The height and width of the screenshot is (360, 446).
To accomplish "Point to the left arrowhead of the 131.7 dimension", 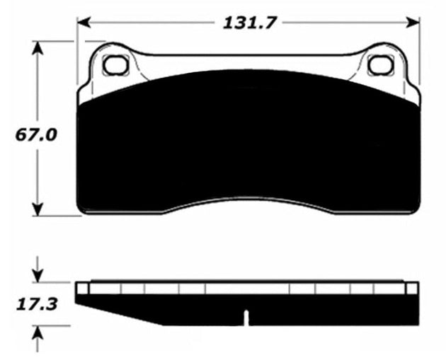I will [84, 22].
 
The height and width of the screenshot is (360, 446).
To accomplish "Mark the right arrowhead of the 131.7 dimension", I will [413, 22].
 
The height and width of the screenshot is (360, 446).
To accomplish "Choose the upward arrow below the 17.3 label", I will [39, 332].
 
